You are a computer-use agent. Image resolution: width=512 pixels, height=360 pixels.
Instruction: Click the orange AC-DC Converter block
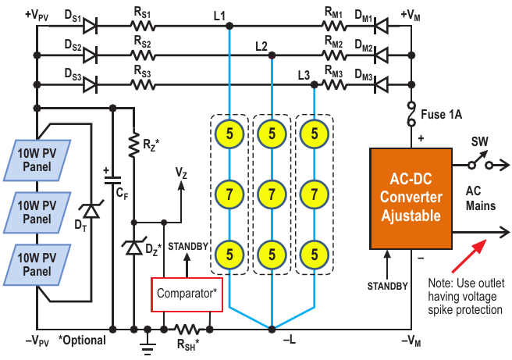[x=411, y=198]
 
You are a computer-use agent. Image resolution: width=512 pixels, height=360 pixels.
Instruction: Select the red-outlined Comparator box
[x=187, y=294]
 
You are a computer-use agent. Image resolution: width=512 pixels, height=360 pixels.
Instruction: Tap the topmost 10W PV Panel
[x=37, y=160]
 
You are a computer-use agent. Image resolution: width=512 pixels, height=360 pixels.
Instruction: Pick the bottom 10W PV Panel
[x=37, y=265]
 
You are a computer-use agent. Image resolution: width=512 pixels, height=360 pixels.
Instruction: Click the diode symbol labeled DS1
[x=91, y=26]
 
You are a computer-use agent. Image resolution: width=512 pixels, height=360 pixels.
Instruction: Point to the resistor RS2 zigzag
[x=142, y=55]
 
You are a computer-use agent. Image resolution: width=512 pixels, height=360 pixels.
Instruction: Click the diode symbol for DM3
[x=382, y=84]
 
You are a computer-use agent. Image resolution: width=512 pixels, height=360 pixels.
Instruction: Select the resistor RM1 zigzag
[x=334, y=26]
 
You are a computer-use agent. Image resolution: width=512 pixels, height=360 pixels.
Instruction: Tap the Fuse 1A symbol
[x=411, y=114]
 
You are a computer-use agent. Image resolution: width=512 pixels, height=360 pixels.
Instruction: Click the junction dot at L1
[x=229, y=26]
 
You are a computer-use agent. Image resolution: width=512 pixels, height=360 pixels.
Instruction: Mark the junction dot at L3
[x=314, y=85]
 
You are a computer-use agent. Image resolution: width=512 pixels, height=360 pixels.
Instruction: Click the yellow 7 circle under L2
[x=272, y=194]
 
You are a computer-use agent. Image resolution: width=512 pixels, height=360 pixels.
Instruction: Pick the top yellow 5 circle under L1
[x=229, y=134]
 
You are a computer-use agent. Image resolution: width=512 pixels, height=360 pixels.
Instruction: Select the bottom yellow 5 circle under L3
[x=314, y=255]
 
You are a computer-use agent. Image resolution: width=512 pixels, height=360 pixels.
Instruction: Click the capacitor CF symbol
[x=112, y=180]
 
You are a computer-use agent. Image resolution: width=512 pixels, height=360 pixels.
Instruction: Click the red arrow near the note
[x=469, y=256]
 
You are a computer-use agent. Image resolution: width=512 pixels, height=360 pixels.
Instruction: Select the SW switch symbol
[x=480, y=162]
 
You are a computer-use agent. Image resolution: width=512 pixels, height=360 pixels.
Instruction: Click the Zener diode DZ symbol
[x=133, y=247]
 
